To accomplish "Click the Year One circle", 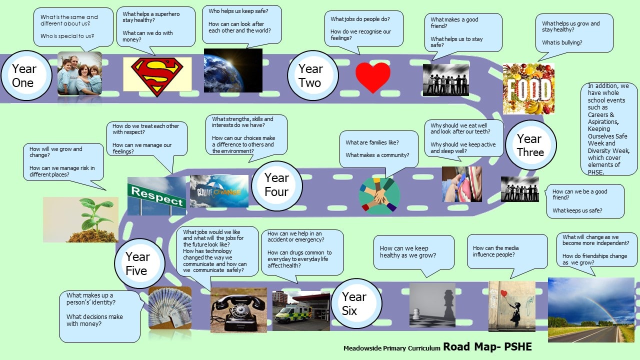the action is tap(26, 75).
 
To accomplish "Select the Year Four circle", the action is tap(277, 185).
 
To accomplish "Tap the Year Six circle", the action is tap(356, 303).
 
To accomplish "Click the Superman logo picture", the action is tap(157, 76).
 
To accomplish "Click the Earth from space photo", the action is tap(233, 70).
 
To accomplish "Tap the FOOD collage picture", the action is tap(528, 88).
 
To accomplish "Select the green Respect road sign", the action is tap(157, 196).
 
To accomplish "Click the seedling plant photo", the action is tap(80, 219).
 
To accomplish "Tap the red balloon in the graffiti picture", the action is tap(504, 293).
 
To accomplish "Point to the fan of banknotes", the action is tap(170, 307).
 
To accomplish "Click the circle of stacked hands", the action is tap(379, 196).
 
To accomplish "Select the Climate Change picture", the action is tap(219, 191).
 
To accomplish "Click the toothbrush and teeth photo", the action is tap(461, 184).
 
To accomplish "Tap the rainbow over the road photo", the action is tap(591, 309).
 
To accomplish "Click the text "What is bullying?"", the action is tap(561, 42).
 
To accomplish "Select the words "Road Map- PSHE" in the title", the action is tap(487, 346).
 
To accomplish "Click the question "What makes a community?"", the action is tap(377, 155).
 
